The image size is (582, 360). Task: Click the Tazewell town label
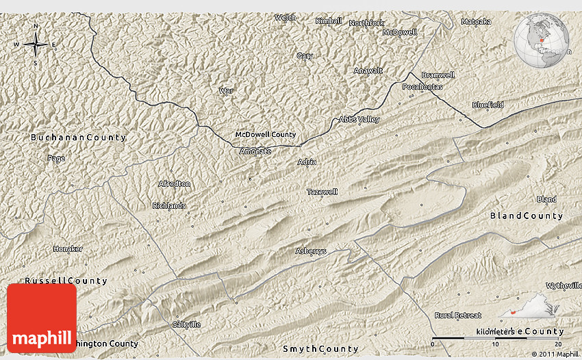pyautogui.click(x=322, y=192)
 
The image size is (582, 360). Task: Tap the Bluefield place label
pyautogui.click(x=488, y=105)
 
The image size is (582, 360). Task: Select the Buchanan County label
pyautogui.click(x=78, y=138)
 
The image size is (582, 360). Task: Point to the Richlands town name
pyautogui.click(x=168, y=205)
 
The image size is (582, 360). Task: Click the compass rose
pyautogui.click(x=36, y=44)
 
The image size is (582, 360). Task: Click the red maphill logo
pyautogui.click(x=42, y=318)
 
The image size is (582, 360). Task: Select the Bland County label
pyautogui.click(x=526, y=216)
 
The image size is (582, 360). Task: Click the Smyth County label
pyautogui.click(x=320, y=348)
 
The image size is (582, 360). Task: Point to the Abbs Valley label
pyautogui.click(x=359, y=120)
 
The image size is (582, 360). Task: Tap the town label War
pyautogui.click(x=225, y=90)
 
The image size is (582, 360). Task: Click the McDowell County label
pyautogui.click(x=265, y=135)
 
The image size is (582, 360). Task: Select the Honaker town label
pyautogui.click(x=68, y=248)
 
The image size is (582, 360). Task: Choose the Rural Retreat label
pyautogui.click(x=457, y=315)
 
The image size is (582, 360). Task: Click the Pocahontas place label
pyautogui.click(x=422, y=87)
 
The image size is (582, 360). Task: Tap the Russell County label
pyautogui.click(x=66, y=281)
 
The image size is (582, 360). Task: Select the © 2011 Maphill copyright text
pyautogui.click(x=554, y=354)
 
